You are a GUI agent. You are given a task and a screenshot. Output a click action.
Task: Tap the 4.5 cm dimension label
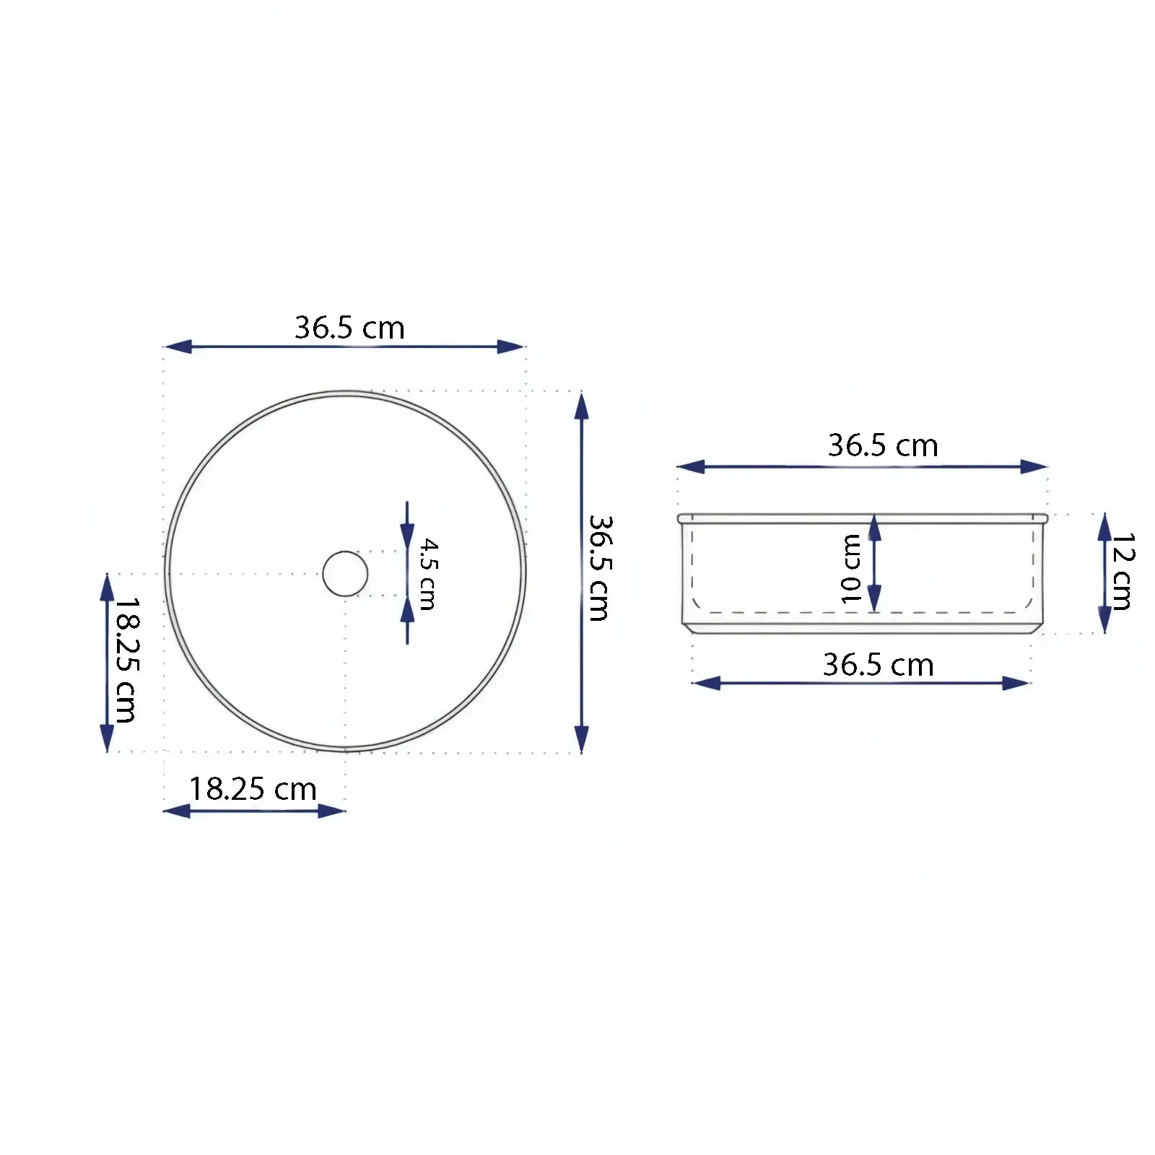[428, 574]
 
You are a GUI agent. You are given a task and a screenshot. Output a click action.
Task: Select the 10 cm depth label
[852, 569]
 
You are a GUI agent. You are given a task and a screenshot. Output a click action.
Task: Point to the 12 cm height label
[1123, 571]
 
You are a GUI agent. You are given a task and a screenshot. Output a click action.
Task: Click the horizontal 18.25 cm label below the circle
[253, 789]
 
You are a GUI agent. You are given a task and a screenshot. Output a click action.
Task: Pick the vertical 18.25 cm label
[126, 660]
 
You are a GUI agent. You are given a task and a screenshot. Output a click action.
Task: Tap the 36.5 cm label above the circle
[349, 328]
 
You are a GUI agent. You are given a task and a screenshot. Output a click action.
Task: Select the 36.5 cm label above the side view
[883, 445]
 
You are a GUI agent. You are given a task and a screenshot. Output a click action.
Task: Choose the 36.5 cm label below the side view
[879, 665]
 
